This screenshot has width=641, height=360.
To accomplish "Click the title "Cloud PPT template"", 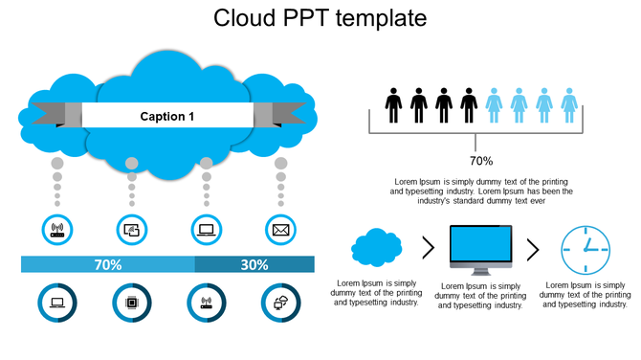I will point(320,18).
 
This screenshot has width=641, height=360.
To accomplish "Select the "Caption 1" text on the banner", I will point(167,116).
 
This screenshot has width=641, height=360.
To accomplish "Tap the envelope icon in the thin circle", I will point(280,230).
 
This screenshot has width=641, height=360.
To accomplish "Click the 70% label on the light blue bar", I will point(107,264).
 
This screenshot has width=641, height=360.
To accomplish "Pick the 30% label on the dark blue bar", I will point(254,264).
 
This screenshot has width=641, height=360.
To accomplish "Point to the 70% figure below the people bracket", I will point(480,161).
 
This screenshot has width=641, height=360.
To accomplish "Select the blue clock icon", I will point(585,250).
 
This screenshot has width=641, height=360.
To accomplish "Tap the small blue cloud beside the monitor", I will point(376,248).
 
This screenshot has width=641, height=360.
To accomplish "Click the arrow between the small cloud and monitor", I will point(428,249).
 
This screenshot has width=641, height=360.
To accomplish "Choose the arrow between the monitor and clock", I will point(533,250).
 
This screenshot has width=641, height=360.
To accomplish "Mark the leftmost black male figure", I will point(393,105).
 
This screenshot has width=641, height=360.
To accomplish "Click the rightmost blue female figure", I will point(569,105).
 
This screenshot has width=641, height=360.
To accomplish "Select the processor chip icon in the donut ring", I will point(131,303).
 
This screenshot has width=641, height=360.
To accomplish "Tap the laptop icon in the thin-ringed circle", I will point(206,230).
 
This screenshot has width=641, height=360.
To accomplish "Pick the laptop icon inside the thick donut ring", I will point(56,303).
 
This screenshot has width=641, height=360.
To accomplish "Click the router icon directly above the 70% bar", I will point(56,230).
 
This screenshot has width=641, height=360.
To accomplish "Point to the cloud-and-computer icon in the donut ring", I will point(280,303).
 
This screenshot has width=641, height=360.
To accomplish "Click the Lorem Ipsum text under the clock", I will point(585,293).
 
